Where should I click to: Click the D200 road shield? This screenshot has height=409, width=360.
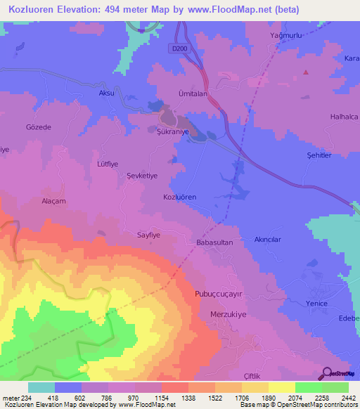point(180,48)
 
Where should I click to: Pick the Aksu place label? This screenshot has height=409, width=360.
point(106,93)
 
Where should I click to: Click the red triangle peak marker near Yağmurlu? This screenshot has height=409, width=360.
point(306,72)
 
